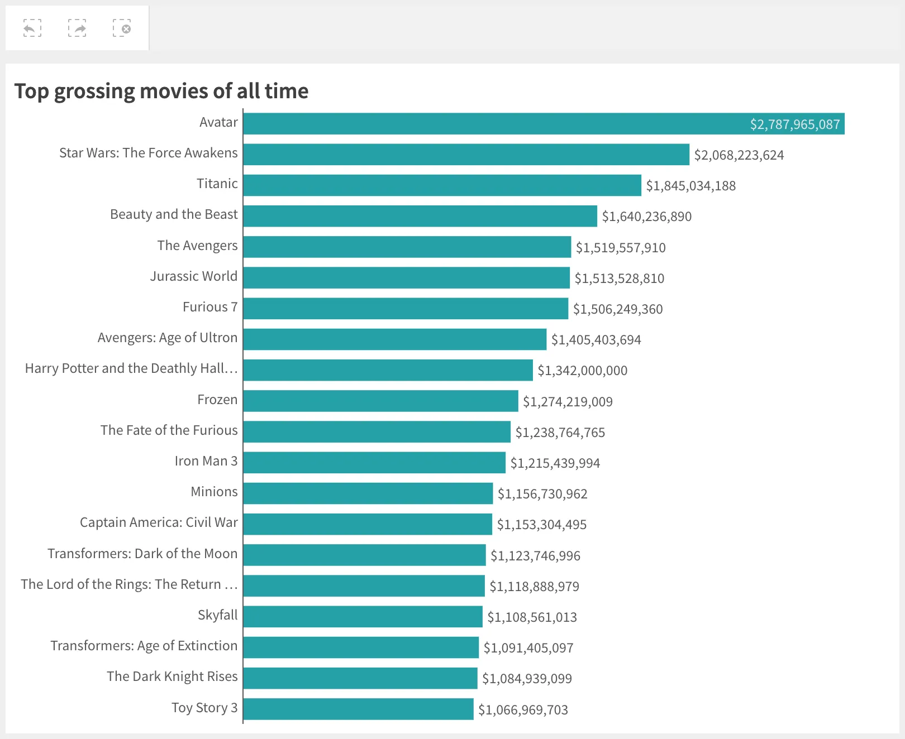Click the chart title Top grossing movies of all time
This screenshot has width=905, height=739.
click(161, 91)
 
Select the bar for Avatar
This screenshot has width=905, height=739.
click(543, 124)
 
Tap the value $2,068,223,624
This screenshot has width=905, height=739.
click(739, 155)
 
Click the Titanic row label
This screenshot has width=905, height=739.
click(217, 184)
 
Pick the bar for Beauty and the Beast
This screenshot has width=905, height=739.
click(420, 216)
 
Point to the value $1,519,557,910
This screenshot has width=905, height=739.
click(620, 247)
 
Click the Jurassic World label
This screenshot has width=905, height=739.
click(193, 276)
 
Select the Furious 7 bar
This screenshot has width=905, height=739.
click(406, 309)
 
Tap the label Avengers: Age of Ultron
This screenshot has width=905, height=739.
click(167, 338)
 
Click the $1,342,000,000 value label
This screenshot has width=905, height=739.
click(582, 371)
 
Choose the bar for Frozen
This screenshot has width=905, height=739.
click(380, 401)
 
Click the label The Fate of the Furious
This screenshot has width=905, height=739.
click(169, 430)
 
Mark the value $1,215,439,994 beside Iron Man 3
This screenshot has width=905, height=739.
click(555, 463)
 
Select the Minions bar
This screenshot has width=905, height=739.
click(368, 493)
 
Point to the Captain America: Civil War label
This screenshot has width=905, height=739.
click(159, 522)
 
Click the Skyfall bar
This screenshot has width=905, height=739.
click(363, 617)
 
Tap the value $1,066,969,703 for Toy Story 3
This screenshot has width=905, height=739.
click(523, 710)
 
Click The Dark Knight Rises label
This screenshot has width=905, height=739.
click(172, 676)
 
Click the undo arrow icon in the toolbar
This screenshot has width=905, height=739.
click(32, 28)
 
